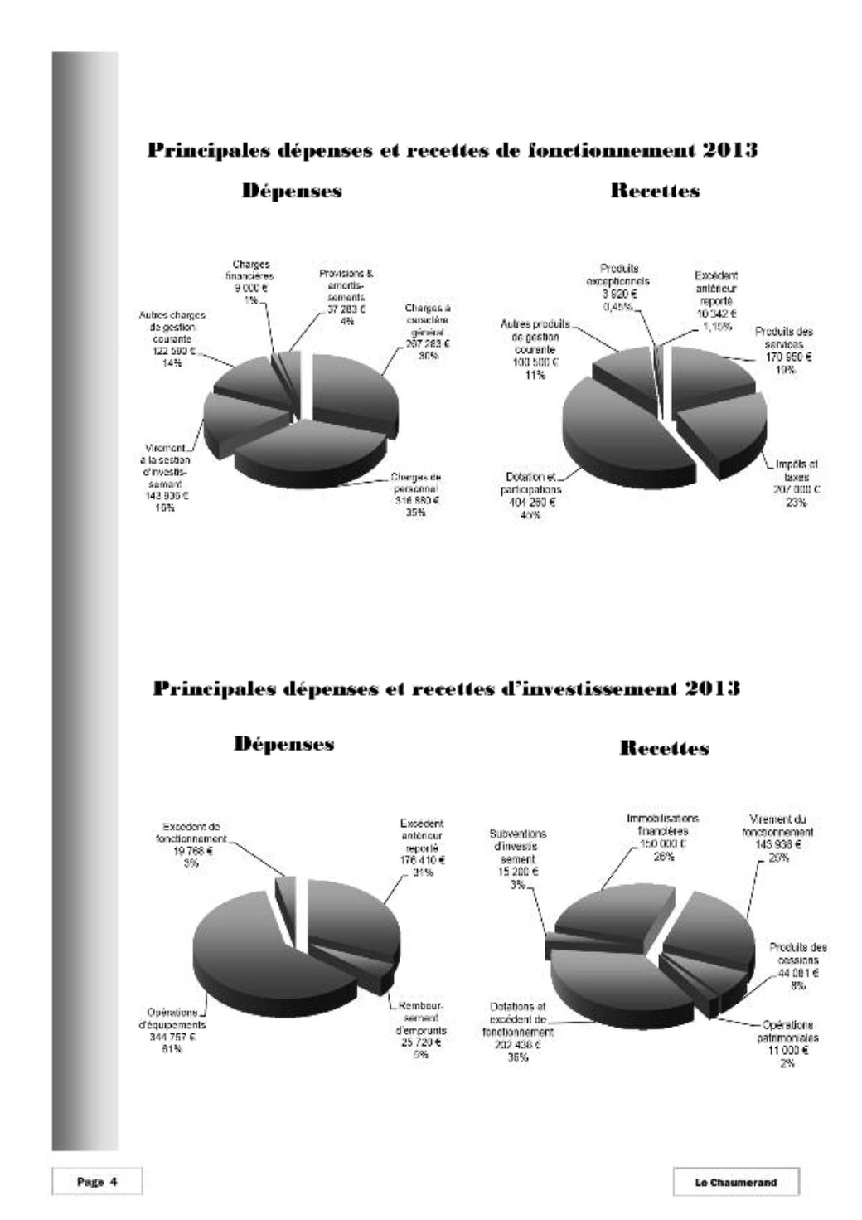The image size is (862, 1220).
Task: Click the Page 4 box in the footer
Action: click(x=97, y=1182)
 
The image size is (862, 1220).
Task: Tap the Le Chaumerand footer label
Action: click(x=736, y=1182)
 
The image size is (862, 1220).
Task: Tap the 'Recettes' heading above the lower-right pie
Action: click(x=664, y=748)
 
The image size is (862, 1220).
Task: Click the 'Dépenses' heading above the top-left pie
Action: click(x=292, y=191)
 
